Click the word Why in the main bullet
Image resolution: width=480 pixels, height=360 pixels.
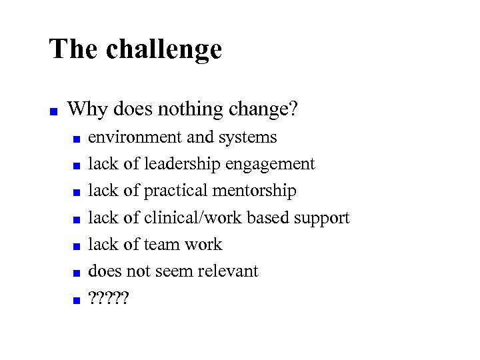pyautogui.click(x=83, y=108)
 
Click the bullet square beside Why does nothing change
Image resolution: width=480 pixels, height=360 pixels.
pyautogui.click(x=53, y=111)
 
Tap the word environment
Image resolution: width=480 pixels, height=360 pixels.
pyautogui.click(x=135, y=137)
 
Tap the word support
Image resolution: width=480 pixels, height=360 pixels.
pyautogui.click(x=321, y=219)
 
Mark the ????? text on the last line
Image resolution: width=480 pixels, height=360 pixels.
pyautogui.click(x=109, y=298)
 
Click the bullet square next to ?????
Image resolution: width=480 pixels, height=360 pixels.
pyautogui.click(x=77, y=301)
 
